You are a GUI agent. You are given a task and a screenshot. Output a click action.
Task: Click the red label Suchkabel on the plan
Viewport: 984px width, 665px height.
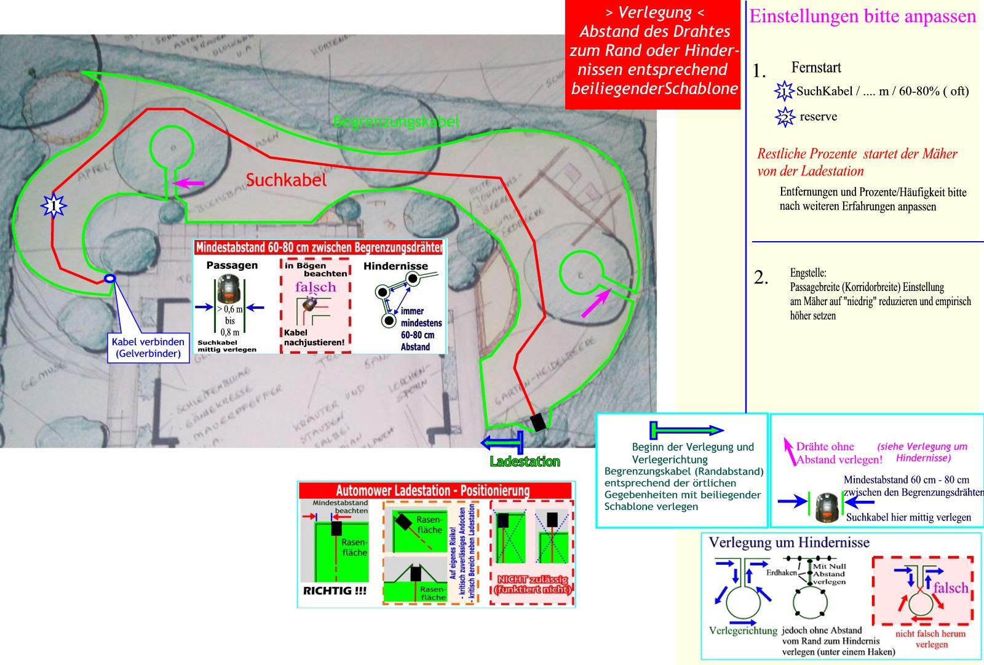286,180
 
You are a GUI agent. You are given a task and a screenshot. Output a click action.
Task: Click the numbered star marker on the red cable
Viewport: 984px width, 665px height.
54,205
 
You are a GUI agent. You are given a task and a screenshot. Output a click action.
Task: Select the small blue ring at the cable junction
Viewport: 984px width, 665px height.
109,279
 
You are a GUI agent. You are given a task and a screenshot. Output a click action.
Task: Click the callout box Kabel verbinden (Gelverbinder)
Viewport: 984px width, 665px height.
148,348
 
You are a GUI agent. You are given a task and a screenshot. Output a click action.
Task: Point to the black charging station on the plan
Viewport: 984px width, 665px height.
538,422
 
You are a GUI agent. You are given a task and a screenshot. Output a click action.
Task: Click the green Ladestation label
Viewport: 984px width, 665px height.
525,461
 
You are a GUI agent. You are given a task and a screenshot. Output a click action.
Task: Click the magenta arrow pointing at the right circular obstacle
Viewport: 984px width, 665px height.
596,303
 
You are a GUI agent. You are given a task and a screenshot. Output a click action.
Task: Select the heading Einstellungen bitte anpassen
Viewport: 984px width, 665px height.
862,16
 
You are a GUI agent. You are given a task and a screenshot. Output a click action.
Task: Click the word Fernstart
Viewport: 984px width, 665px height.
816,68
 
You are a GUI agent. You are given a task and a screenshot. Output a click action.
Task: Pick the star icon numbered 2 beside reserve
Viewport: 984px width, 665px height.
785,117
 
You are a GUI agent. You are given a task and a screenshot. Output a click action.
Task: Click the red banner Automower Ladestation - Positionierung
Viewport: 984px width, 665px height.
432,490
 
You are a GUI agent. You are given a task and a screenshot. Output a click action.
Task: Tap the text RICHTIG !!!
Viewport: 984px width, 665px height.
335,591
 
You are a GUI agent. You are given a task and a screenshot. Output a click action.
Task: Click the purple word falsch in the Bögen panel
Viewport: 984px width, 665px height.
315,287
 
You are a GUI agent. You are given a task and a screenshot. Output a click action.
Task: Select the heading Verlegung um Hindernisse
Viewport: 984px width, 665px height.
789,543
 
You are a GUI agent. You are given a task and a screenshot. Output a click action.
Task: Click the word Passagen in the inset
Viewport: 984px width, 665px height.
232,266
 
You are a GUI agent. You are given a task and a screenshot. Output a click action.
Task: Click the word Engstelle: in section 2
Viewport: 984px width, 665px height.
808,273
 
